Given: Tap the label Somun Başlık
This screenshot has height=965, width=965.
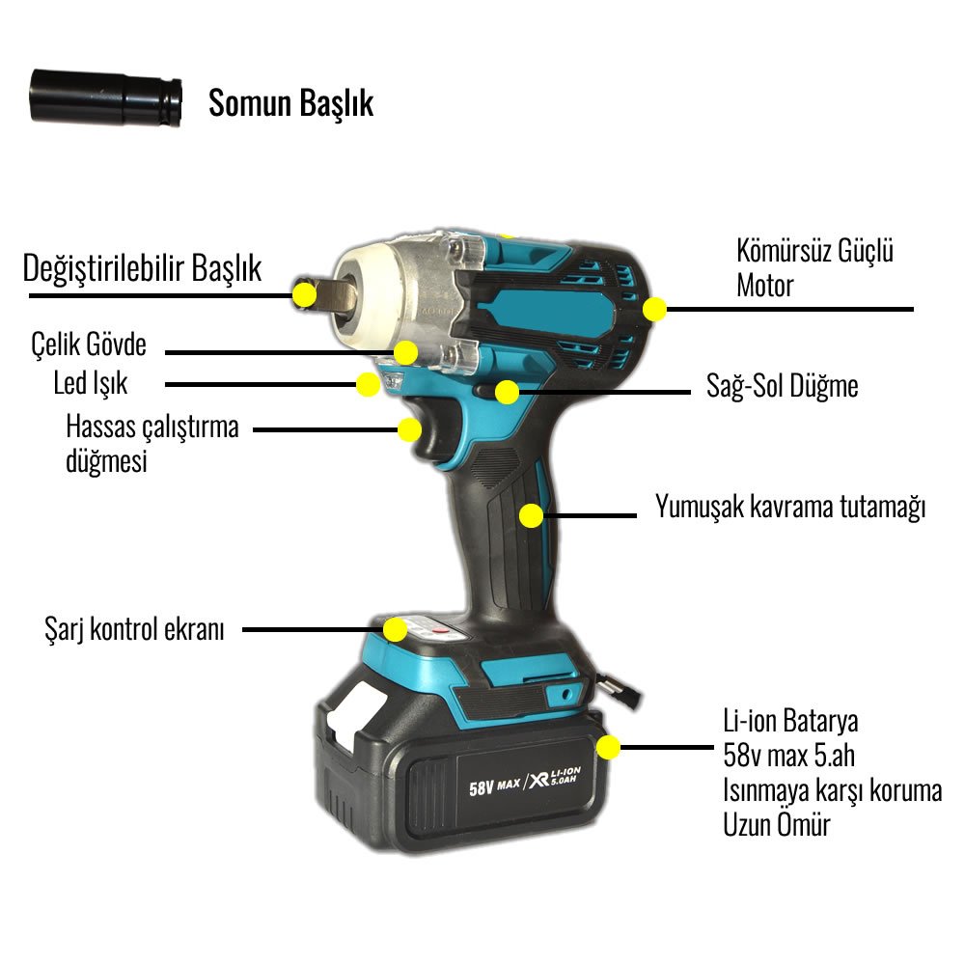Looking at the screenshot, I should pyautogui.click(x=290, y=103).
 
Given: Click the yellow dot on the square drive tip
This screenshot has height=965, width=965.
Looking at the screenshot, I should pyautogui.click(x=305, y=293).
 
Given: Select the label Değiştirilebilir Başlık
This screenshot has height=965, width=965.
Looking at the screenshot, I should pyautogui.click(x=142, y=268).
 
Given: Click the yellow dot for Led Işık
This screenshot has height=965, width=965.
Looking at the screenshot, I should pyautogui.click(x=367, y=384).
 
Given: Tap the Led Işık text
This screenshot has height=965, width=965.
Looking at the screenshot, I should pyautogui.click(x=91, y=383).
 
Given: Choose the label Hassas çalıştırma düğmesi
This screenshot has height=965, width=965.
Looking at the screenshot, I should pyautogui.click(x=152, y=442).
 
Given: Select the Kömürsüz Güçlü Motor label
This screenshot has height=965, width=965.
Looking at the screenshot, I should pyautogui.click(x=814, y=267).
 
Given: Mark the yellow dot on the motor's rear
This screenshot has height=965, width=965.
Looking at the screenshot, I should pyautogui.click(x=655, y=310).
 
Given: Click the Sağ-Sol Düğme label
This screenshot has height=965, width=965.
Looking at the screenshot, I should pyautogui.click(x=783, y=387).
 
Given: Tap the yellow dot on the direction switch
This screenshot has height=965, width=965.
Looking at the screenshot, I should pyautogui.click(x=505, y=391).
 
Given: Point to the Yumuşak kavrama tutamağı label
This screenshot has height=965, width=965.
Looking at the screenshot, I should pyautogui.click(x=790, y=508).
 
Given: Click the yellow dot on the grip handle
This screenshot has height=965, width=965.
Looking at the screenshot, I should pyautogui.click(x=531, y=515).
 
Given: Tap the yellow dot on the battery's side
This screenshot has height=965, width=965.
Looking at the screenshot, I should pyautogui.click(x=608, y=747).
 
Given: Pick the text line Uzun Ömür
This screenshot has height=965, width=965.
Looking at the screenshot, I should pyautogui.click(x=776, y=825).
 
